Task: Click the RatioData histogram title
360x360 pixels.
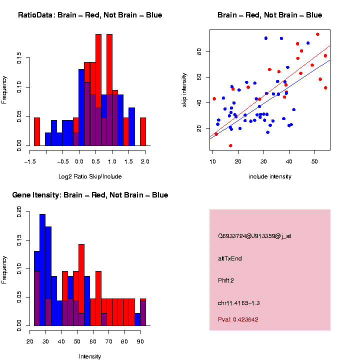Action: click(x=90, y=15)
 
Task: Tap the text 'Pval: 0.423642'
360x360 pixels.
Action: click(x=238, y=319)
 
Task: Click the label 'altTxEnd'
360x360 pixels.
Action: click(x=230, y=258)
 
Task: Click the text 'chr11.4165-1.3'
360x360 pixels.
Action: click(x=238, y=303)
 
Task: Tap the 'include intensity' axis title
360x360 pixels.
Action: click(x=270, y=176)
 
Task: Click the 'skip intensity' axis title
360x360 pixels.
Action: click(x=184, y=90)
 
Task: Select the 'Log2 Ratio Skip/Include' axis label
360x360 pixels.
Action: click(x=90, y=176)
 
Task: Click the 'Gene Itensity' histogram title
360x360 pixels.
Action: click(x=90, y=195)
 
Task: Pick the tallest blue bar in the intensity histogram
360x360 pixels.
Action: click(x=42, y=270)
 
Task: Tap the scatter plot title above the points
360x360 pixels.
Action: click(x=270, y=15)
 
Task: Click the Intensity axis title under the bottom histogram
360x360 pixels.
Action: click(x=90, y=356)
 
